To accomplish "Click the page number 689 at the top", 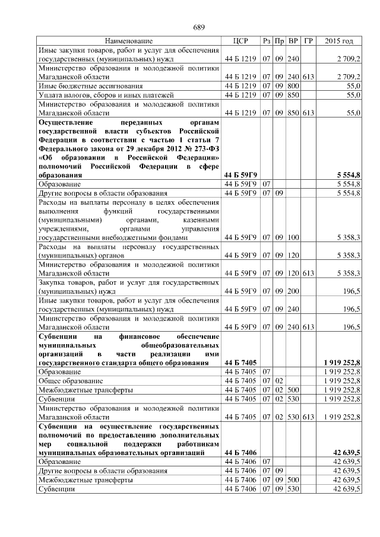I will pyautogui.click(x=199, y=28).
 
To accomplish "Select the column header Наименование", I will pyautogui.click(x=128, y=41).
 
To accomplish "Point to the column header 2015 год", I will pyautogui.click(x=339, y=41).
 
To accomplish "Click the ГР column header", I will pyautogui.click(x=308, y=41).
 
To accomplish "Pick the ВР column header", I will pyautogui.click(x=293, y=41).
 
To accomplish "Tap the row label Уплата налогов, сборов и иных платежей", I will pyautogui.click(x=97, y=95).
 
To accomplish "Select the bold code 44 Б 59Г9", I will pyautogui.click(x=240, y=176).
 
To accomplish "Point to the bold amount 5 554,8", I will pyautogui.click(x=348, y=176).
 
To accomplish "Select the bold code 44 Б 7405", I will pyautogui.click(x=240, y=362).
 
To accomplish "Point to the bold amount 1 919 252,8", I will pyautogui.click(x=342, y=362).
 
